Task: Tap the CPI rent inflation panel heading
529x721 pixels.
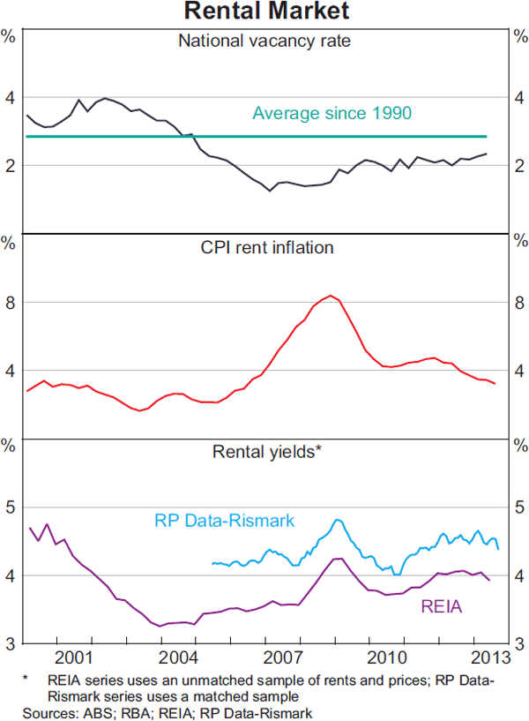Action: coord(265,247)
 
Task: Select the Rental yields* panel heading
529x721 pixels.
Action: coord(266,452)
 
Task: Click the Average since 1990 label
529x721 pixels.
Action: coord(332,114)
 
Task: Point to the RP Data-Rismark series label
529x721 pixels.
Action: coord(224,520)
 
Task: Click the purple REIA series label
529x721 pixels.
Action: coord(440,607)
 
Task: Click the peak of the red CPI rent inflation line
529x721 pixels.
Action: coord(331,296)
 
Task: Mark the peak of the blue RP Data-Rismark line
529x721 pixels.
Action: coord(338,520)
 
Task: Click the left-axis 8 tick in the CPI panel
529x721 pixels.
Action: coord(11,303)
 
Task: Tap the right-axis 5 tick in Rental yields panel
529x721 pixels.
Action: coord(519,507)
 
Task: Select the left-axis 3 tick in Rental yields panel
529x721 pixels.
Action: coord(11,644)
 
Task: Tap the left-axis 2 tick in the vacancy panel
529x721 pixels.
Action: coord(11,166)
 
